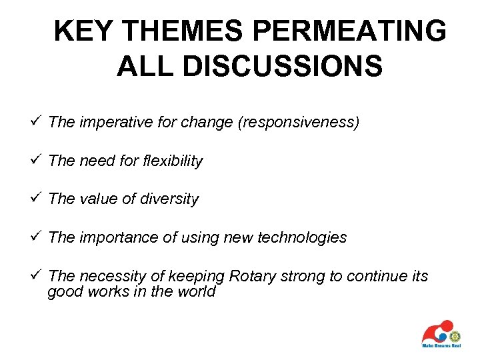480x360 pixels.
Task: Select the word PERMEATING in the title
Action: (344, 32)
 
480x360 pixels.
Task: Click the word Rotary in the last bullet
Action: (251, 276)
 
